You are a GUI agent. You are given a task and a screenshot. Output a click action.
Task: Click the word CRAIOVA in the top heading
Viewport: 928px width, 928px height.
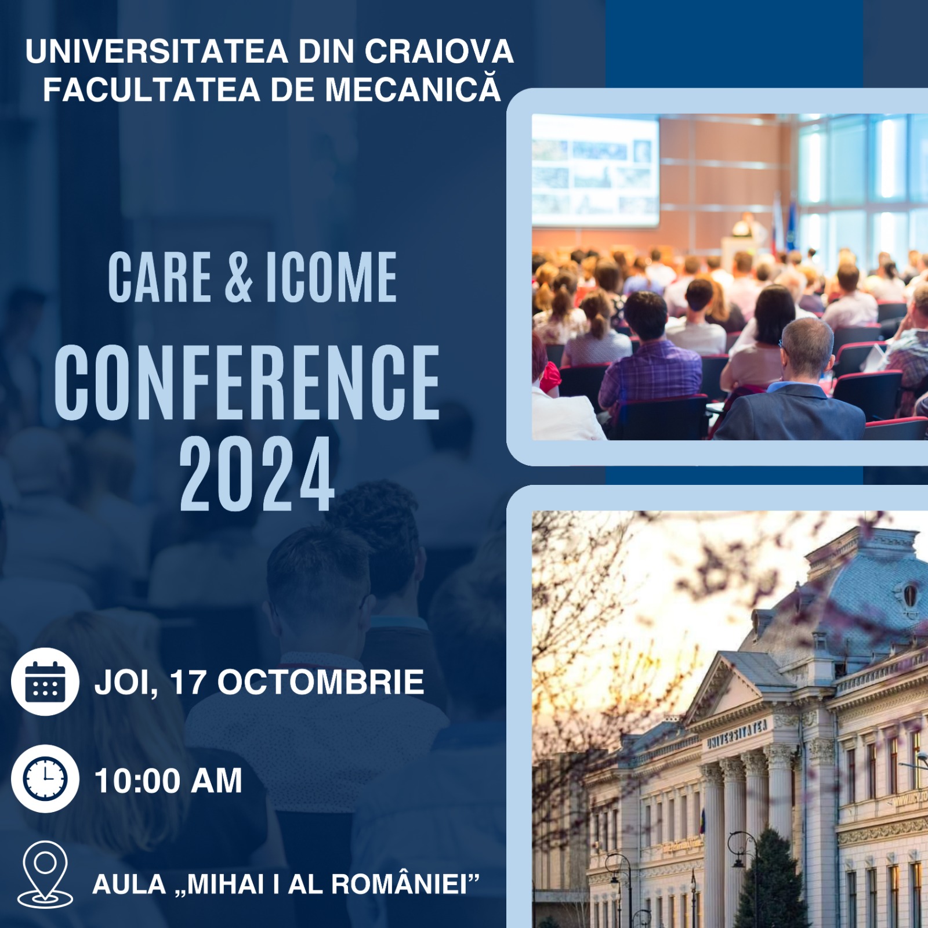tap(439, 51)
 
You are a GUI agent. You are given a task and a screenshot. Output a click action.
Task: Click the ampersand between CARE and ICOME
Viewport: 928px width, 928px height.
tap(238, 277)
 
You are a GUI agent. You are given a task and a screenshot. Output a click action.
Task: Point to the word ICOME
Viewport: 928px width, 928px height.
tap(331, 277)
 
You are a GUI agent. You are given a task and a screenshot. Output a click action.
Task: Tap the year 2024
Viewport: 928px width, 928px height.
tap(257, 474)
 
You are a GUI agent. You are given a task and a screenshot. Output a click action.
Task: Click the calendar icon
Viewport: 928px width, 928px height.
tap(45, 681)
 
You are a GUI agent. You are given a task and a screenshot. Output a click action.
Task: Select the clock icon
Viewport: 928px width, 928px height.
tap(45, 779)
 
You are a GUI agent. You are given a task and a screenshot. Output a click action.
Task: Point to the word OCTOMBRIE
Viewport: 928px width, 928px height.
tap(321, 682)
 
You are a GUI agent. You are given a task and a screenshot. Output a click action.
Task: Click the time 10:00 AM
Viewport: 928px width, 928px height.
tap(168, 781)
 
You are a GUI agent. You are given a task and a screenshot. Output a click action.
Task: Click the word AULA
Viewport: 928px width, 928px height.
tap(129, 884)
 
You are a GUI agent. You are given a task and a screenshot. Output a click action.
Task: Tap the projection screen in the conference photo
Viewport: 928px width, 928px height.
tap(596, 170)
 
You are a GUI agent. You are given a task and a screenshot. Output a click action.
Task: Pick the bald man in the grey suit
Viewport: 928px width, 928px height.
tap(795, 383)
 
